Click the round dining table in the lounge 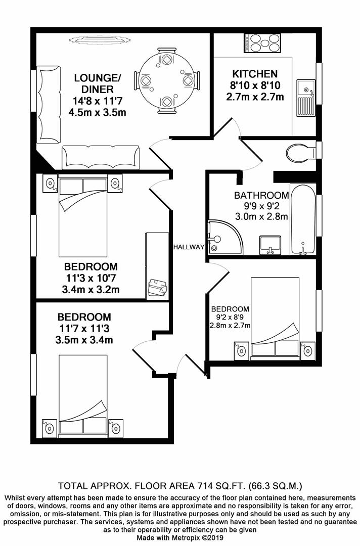(166, 80)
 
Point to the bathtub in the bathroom (303, 219)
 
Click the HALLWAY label (188, 247)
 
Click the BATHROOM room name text (261, 195)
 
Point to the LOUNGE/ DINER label (97, 83)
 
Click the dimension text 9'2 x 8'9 (230, 317)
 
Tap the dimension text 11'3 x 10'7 (91, 278)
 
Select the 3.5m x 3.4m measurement (84, 340)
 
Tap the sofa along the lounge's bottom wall (101, 157)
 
